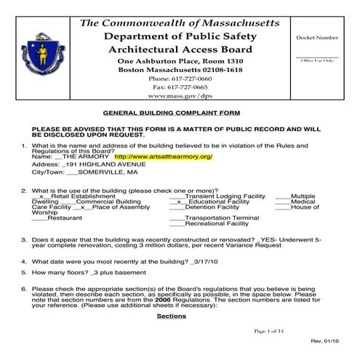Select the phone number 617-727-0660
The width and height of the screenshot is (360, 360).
coord(180,77)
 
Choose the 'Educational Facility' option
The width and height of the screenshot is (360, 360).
coord(217,201)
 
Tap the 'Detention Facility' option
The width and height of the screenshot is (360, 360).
coord(212,207)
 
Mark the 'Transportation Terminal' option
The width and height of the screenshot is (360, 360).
coord(222,218)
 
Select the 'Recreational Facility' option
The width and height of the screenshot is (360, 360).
coord(217,223)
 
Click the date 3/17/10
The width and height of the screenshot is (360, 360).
coord(199,260)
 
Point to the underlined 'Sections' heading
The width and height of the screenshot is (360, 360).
coord(172,316)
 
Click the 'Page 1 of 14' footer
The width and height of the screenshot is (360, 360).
coord(271,332)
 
